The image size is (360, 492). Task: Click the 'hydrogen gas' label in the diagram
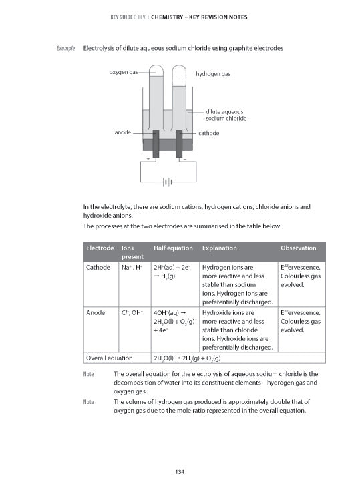pyautogui.click(x=213, y=74)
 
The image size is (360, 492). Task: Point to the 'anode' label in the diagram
pyautogui.click(x=122, y=132)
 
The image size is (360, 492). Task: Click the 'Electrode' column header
pyautogui.click(x=100, y=248)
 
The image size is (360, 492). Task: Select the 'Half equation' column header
pyautogui.click(x=173, y=248)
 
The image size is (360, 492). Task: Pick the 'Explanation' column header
pyautogui.click(x=219, y=248)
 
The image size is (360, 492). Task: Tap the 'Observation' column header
pyautogui.click(x=299, y=248)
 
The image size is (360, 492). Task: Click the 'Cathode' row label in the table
pyautogui.click(x=99, y=267)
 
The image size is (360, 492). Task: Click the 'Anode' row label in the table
pyautogui.click(x=96, y=312)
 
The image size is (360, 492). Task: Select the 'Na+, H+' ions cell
pyautogui.click(x=132, y=267)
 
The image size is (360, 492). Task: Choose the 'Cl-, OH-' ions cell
pyautogui.click(x=132, y=312)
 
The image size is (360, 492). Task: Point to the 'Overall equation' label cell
pyautogui.click(x=110, y=357)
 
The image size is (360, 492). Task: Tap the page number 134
pyautogui.click(x=180, y=473)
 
